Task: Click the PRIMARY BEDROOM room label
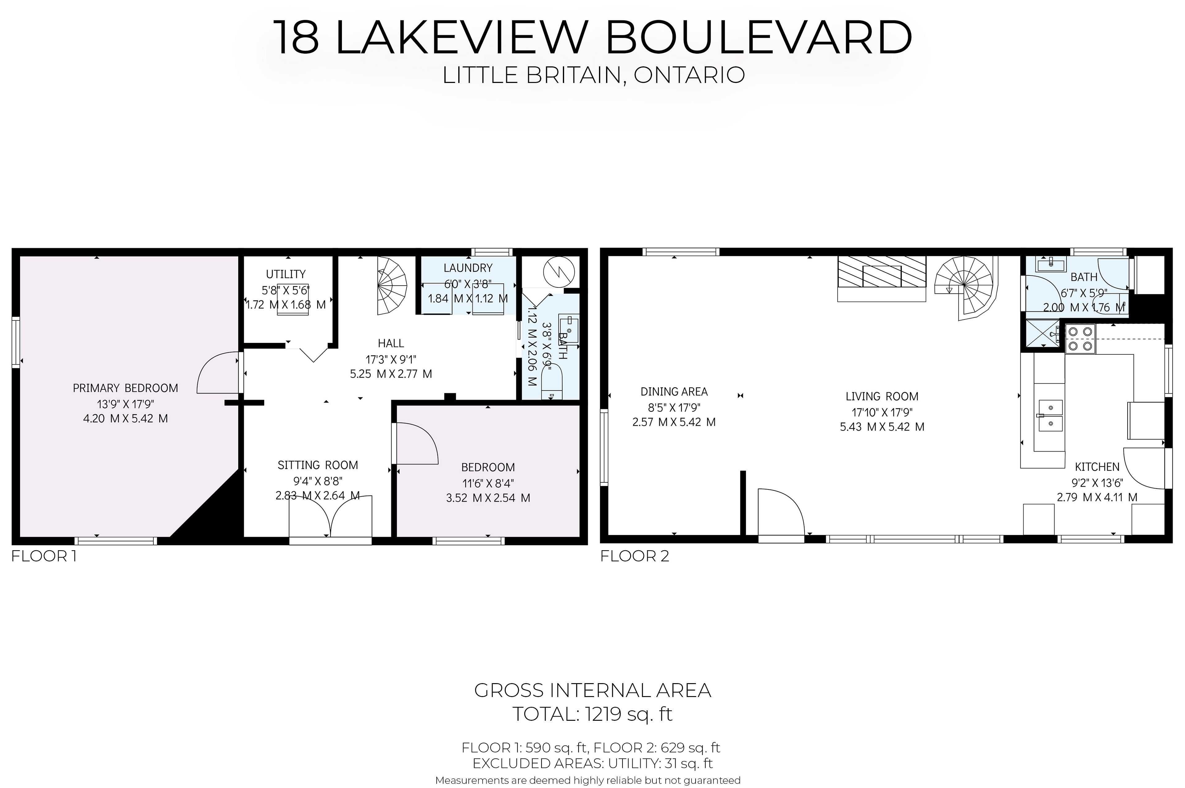tap(125, 388)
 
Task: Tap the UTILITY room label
tap(285, 274)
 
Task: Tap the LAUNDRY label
tap(468, 268)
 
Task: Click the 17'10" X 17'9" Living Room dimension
tap(882, 412)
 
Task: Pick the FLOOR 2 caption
tap(634, 556)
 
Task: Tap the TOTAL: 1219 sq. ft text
tap(592, 714)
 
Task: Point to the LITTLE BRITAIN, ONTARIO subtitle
tap(593, 75)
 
